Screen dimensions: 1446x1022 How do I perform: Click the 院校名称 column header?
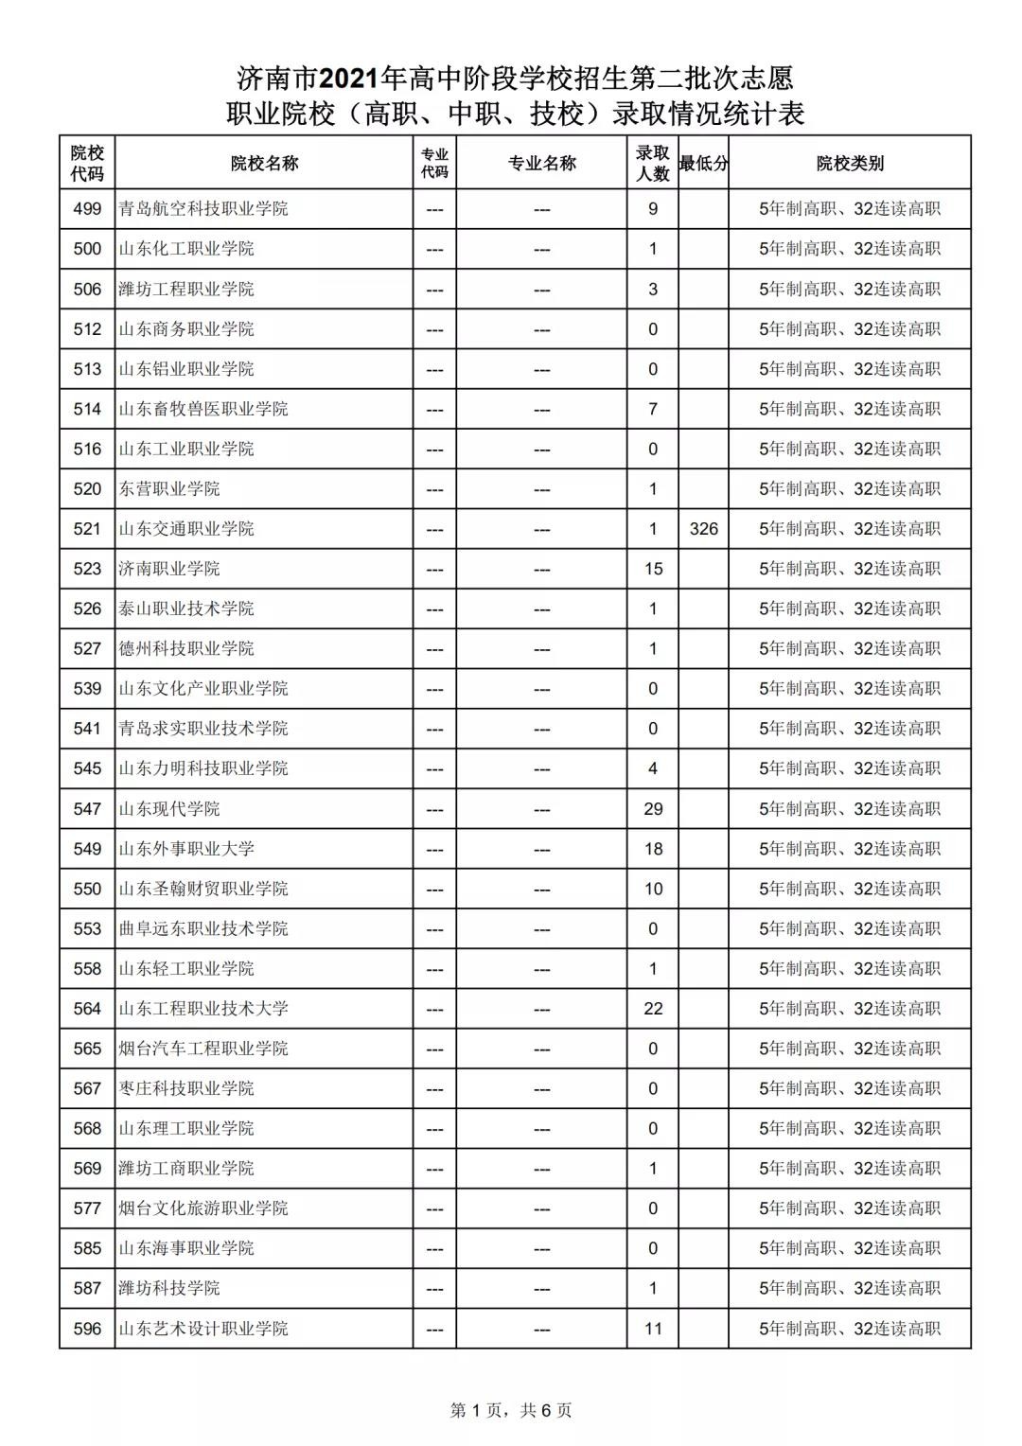264,163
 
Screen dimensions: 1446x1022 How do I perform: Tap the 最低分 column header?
703,163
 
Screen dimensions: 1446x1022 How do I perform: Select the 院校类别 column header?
850,163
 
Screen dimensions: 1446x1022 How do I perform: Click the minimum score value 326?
703,529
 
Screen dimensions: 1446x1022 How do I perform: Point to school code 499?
87,209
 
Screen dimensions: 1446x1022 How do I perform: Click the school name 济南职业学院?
169,569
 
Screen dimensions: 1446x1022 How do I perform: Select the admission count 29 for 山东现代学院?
653,809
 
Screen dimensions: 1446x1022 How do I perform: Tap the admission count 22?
653,1009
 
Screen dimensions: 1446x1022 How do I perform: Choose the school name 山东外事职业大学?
186,849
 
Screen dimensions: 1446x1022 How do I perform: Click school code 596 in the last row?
87,1329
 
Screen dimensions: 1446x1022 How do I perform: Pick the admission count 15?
653,569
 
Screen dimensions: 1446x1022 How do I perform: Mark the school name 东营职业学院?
169,489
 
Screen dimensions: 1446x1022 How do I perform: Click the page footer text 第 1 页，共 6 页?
511,1410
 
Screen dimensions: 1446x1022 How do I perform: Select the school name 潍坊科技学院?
169,1288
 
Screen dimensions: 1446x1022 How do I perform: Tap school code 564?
87,1009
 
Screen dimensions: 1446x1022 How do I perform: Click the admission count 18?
653,849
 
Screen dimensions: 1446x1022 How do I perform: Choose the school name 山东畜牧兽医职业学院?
203,409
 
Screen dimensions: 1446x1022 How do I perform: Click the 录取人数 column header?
653,163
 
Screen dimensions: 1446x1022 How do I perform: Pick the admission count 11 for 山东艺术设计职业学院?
653,1329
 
